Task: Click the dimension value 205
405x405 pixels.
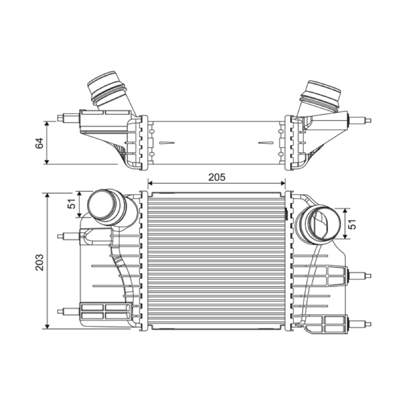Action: [217, 177]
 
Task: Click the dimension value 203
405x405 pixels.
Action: [40, 262]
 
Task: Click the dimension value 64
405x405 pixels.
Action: [39, 143]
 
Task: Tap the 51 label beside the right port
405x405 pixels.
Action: [352, 224]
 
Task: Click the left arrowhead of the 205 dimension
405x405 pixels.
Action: [151, 183]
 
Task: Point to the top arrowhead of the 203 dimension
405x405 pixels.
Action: [47, 196]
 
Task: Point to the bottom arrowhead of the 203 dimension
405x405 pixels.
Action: [47, 326]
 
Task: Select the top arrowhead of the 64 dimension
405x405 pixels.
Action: [47, 125]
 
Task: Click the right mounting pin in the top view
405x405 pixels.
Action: [359, 120]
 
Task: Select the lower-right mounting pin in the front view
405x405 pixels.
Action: [359, 323]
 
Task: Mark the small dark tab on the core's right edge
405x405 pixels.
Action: [286, 214]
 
